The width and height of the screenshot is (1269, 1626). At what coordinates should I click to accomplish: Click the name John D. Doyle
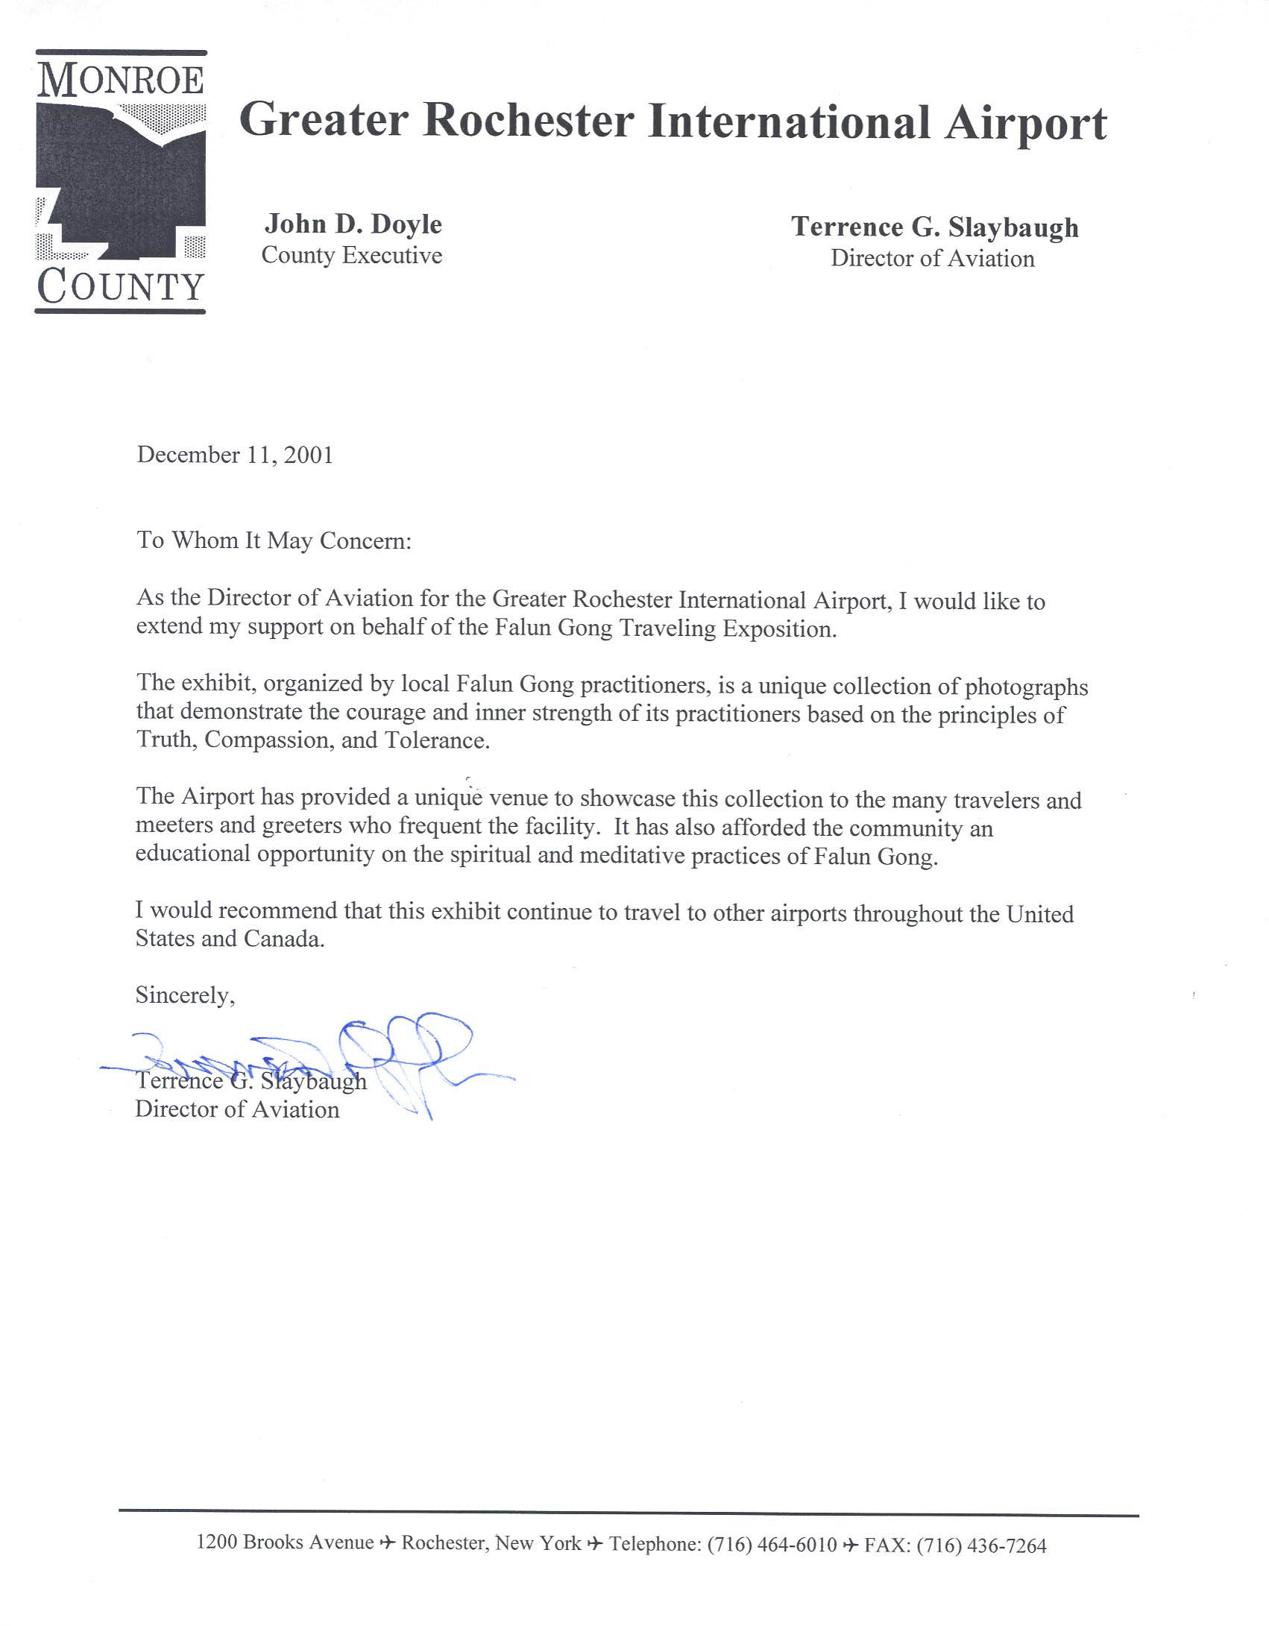tap(353, 224)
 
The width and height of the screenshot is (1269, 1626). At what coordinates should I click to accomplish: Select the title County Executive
tap(352, 256)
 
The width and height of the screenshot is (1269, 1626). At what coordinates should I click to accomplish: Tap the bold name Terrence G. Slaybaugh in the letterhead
tap(935, 227)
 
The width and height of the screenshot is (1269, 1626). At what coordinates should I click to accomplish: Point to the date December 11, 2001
tap(235, 455)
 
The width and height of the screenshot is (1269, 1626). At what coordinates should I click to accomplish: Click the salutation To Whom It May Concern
tap(274, 541)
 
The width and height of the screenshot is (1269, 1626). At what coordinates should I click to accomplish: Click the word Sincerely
tap(185, 995)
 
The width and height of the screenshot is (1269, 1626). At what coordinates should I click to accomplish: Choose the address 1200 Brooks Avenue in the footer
tap(285, 1543)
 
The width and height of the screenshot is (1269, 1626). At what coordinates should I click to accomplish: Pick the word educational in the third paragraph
tap(193, 854)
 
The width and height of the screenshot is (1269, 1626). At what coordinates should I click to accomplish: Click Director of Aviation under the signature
tap(237, 1109)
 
